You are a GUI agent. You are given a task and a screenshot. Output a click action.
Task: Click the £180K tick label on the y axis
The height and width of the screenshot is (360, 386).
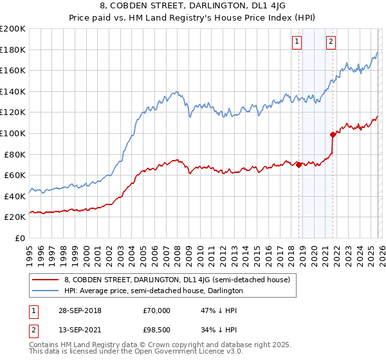click(x=13, y=50)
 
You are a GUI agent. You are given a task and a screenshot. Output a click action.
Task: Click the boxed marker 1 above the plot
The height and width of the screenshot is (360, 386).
click(x=297, y=42)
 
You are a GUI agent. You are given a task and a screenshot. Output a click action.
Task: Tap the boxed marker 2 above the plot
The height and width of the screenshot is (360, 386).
click(x=331, y=42)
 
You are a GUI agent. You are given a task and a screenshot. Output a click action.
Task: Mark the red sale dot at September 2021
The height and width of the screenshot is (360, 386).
click(x=333, y=134)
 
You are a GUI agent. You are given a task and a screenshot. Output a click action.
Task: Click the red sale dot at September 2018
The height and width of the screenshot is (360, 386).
click(x=299, y=165)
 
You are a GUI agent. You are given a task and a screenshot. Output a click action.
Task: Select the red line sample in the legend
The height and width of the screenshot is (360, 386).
click(x=46, y=280)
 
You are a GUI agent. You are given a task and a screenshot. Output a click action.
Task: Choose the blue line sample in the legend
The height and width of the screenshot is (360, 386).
click(x=46, y=291)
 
